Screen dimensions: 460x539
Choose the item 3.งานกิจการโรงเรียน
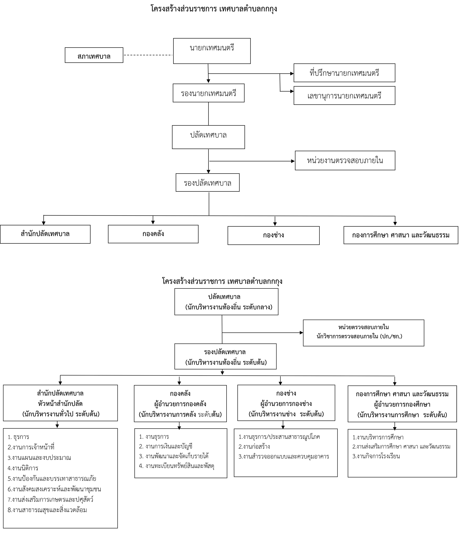click(376, 456)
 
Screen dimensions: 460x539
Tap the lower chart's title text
click(222, 281)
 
